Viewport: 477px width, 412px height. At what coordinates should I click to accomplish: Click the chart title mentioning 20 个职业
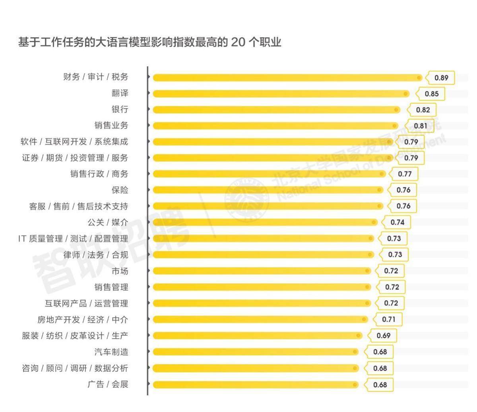[x=149, y=42]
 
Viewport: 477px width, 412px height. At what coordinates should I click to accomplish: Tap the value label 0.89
[x=441, y=78]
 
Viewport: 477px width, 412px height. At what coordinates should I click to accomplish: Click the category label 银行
[x=120, y=109]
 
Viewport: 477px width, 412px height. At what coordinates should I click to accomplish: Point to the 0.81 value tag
[x=420, y=126]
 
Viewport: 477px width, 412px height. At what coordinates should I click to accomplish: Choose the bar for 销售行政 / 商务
[x=269, y=174]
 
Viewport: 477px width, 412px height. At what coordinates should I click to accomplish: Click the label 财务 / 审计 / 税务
[x=96, y=77]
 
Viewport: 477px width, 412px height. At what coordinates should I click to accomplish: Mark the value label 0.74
[x=397, y=222]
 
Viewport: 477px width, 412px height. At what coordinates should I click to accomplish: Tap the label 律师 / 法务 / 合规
[x=96, y=255]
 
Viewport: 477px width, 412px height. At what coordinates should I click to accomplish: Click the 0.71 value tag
[x=388, y=319]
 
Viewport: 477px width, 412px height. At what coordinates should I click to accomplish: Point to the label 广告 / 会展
[x=108, y=384]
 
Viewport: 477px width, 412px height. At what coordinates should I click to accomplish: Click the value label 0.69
[x=383, y=336]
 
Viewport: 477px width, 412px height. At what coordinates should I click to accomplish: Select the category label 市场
[x=120, y=271]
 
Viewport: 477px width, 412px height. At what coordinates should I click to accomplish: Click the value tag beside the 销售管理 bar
[x=392, y=287]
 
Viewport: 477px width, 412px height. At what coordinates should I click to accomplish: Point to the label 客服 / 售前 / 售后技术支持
[x=79, y=206]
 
